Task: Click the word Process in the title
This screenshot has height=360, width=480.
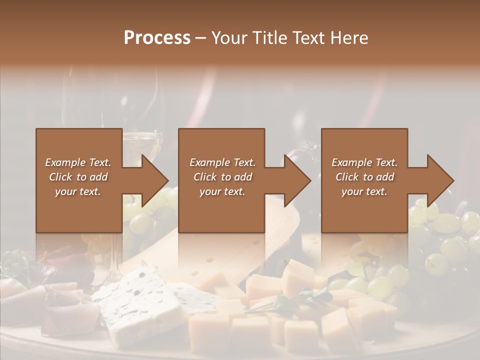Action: (157, 38)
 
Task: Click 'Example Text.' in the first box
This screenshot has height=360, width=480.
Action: (78, 162)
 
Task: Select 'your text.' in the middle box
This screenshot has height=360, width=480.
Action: (222, 191)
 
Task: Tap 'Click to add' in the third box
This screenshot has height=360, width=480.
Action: (364, 177)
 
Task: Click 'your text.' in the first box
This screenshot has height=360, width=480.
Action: (78, 191)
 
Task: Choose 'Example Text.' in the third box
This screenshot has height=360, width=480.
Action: (364, 162)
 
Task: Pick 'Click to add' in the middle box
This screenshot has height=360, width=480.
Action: (222, 177)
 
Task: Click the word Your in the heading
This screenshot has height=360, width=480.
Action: (228, 38)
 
